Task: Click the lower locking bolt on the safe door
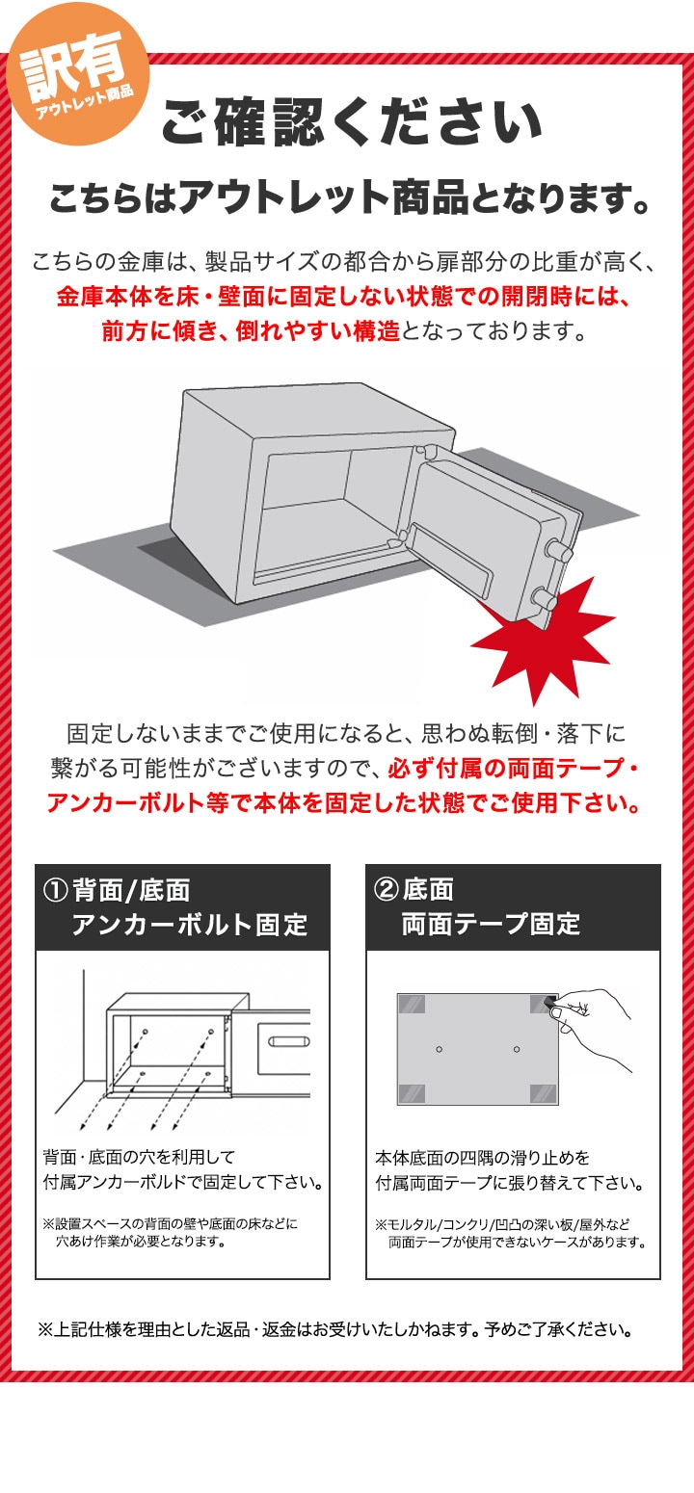coord(544,596)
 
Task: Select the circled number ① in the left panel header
coord(55,890)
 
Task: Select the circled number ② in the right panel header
coord(386,890)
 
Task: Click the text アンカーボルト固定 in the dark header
coord(189,925)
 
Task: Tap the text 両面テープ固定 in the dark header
coord(491,924)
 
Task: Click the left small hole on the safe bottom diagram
coord(439,1049)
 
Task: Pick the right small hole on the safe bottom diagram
coord(517,1049)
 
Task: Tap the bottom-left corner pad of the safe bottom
coord(412,1094)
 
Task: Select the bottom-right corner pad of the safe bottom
coord(544,1094)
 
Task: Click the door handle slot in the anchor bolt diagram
coord(288,1042)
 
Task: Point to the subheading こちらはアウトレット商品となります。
coord(350,198)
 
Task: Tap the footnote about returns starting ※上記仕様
coord(335,1329)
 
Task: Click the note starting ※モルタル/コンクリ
coord(511,1233)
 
